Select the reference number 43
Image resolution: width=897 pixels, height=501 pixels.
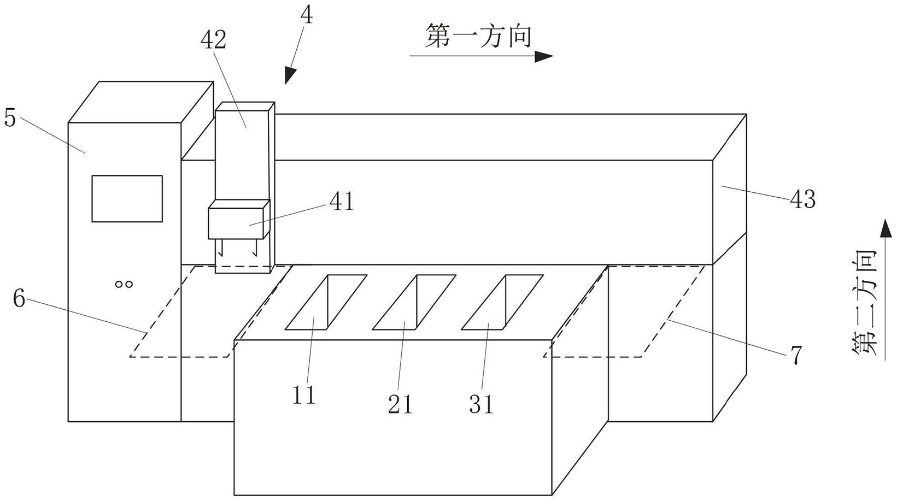pos(802,199)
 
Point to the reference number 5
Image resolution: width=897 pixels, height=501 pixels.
pos(10,117)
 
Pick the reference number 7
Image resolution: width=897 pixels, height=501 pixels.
pos(796,355)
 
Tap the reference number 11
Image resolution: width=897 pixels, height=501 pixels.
pos(304,394)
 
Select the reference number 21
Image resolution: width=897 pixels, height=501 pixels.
pos(400,404)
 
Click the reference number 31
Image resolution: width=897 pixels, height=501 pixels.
pos(481,404)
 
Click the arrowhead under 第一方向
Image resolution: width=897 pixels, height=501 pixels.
pos(544,56)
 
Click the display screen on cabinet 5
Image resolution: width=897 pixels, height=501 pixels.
pos(127,198)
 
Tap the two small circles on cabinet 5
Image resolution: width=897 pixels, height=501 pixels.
pos(124,284)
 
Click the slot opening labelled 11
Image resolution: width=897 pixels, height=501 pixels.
pos(326,302)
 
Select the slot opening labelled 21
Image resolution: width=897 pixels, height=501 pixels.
pos(414,302)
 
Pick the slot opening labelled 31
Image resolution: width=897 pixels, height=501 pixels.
pos(502,302)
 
